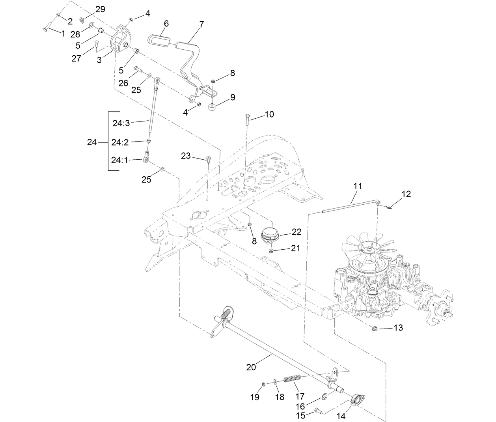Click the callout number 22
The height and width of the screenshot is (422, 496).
click(296, 232)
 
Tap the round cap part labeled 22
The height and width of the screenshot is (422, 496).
click(271, 234)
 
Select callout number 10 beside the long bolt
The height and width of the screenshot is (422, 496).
click(269, 115)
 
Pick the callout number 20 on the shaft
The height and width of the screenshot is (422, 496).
click(251, 367)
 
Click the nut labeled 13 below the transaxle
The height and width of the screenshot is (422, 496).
click(375, 328)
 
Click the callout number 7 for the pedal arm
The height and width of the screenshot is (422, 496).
click(201, 24)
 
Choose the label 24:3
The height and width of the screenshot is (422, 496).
click(121, 123)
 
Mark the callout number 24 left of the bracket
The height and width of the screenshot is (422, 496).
click(92, 142)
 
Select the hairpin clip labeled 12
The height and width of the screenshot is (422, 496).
click(388, 207)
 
